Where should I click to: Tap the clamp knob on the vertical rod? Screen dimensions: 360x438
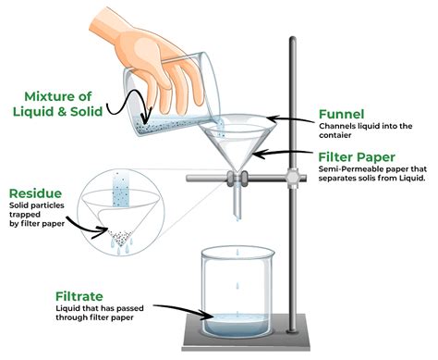(294, 172)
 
